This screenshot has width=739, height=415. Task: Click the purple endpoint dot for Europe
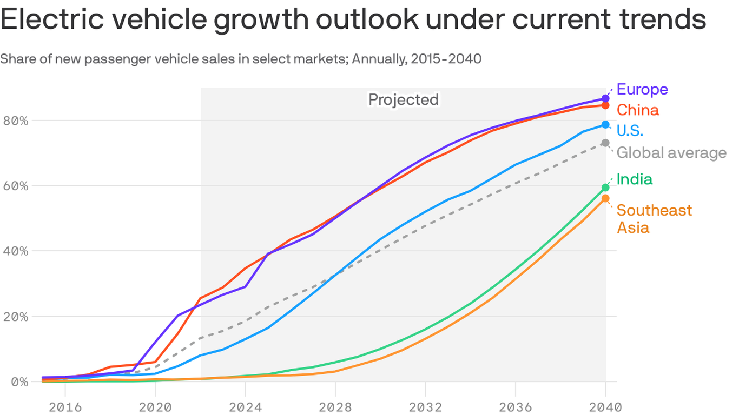point(605,99)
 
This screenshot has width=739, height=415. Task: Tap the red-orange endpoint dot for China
point(605,105)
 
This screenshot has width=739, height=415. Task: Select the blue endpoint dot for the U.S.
point(605,125)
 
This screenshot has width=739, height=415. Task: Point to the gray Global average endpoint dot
point(605,143)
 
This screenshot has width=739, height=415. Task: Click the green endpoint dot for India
point(605,188)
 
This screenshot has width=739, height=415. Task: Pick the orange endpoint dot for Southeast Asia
point(605,199)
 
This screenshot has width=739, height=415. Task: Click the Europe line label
point(642,89)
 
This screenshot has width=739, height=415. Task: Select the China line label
point(637,110)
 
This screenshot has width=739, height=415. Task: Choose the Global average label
point(671,153)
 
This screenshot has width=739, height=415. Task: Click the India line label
point(634,179)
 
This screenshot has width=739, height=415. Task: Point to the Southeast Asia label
point(654,218)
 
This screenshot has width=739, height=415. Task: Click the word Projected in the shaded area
point(403,99)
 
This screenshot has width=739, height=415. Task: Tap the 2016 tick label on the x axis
point(65,406)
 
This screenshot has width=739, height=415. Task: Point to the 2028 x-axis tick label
point(335,406)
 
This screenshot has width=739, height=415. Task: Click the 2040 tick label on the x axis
point(605,406)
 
